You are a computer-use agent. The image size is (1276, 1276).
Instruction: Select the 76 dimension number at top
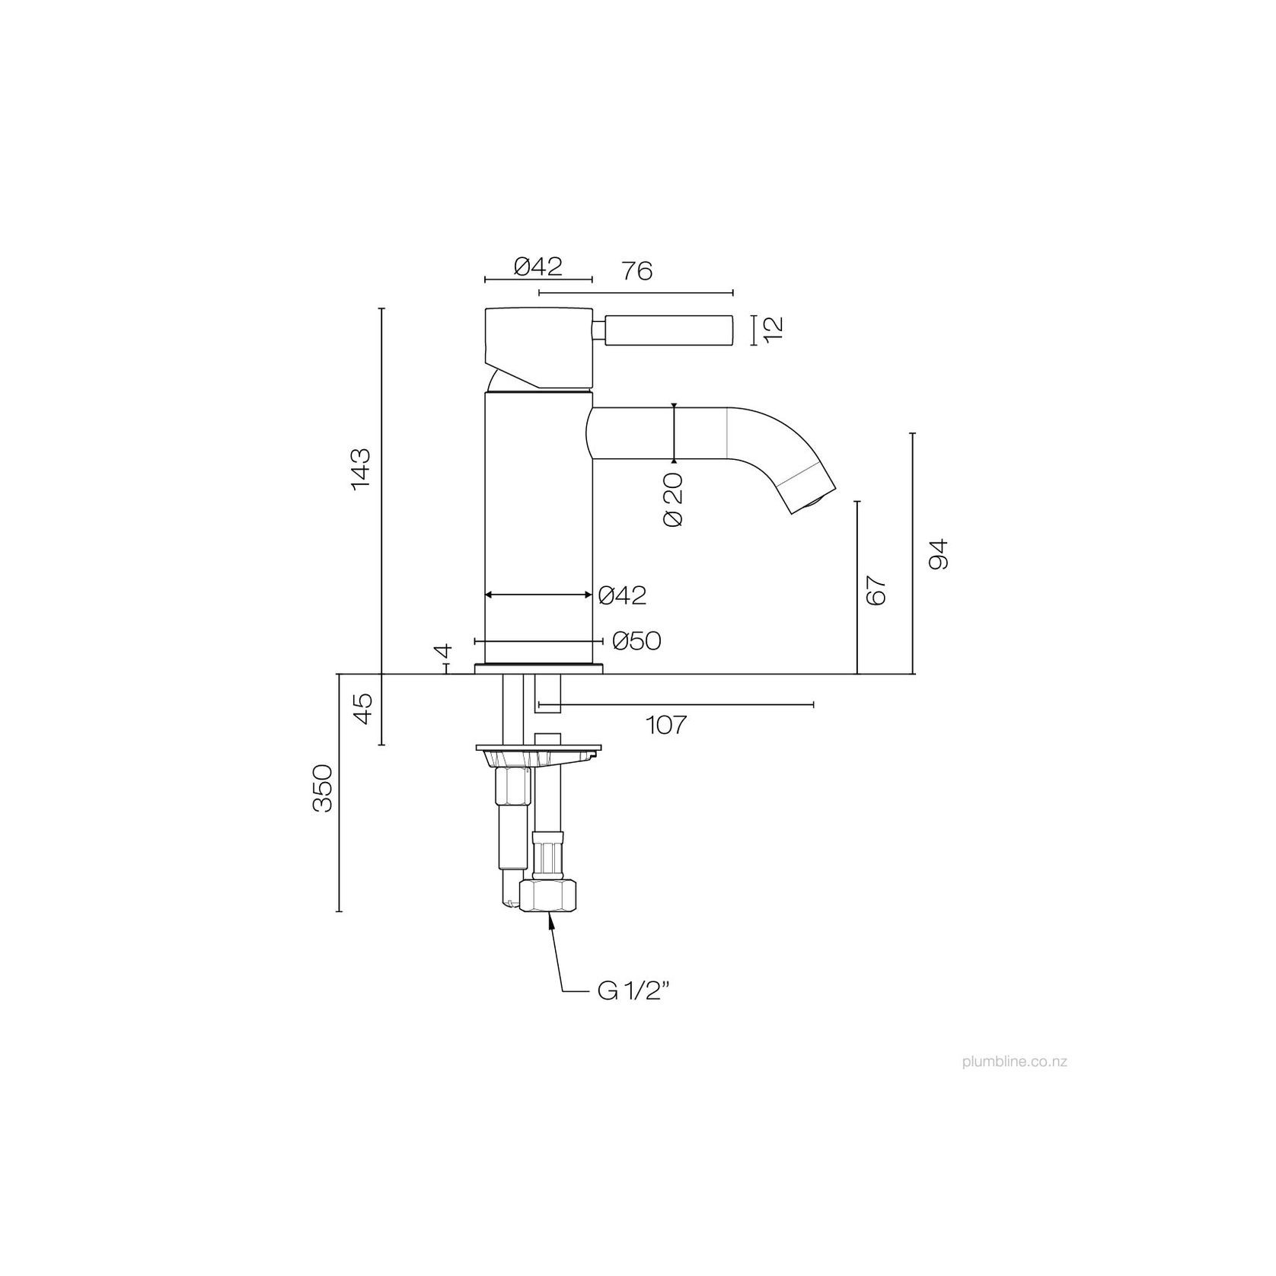point(636,270)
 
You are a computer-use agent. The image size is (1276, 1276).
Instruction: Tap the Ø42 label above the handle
point(538,266)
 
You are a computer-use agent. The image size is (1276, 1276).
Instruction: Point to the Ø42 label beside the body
point(622,595)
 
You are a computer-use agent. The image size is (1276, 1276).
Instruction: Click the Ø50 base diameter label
point(636,642)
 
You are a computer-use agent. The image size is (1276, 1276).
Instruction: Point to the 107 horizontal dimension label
point(666,725)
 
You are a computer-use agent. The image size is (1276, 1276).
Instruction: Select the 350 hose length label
point(324,788)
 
